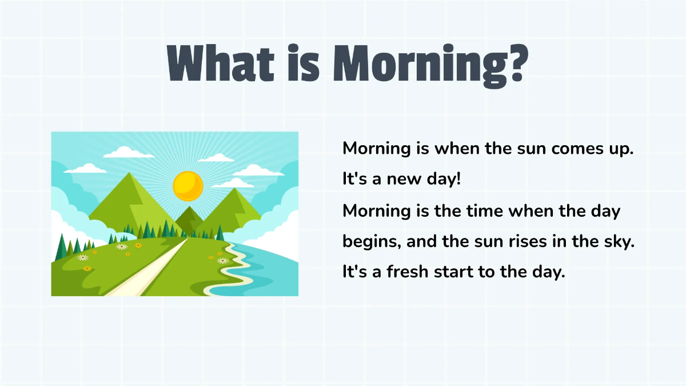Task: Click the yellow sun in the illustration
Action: click(x=188, y=185)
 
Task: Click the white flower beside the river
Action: click(x=222, y=261)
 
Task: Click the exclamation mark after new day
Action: click(x=458, y=180)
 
